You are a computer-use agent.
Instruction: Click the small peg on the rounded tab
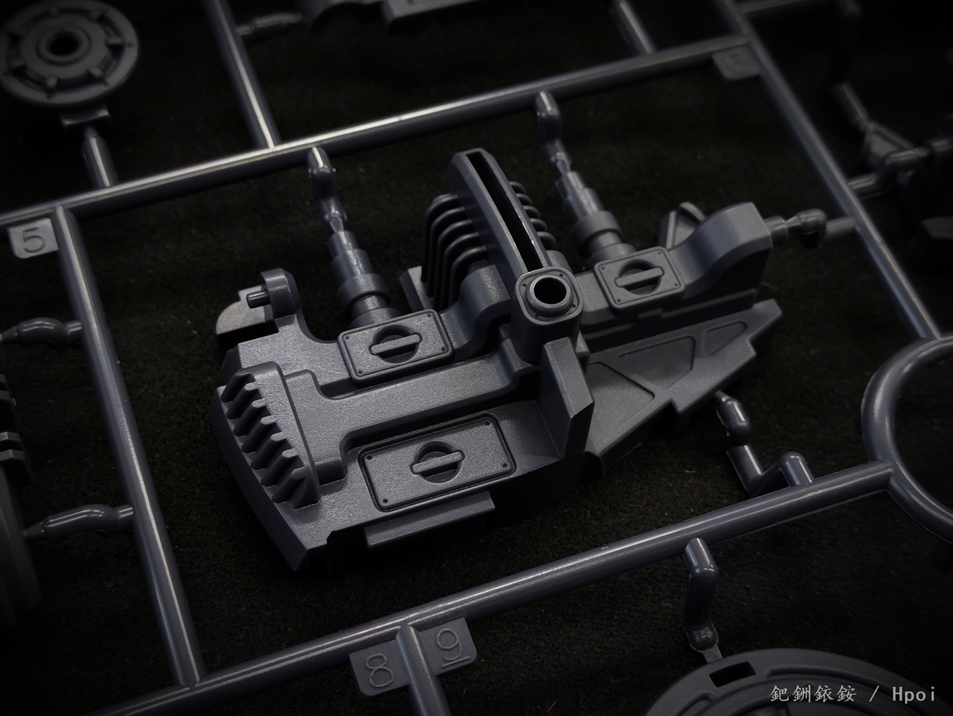coord(255,298)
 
